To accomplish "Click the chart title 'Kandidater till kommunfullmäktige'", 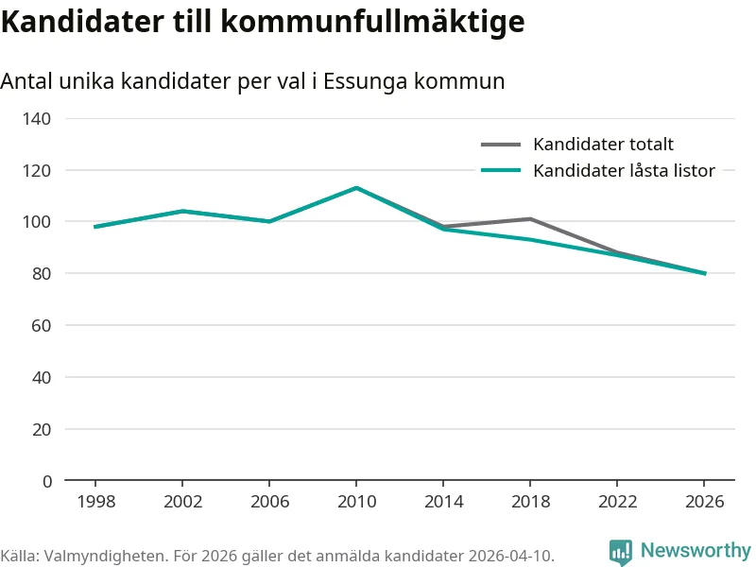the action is pyautogui.click(x=263, y=23).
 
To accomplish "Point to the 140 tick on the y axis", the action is pyautogui.click(x=37, y=119).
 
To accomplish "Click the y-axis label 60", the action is pyautogui.click(x=42, y=325).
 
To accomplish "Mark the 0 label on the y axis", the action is pyautogui.click(x=46, y=481).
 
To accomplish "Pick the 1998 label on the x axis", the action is pyautogui.click(x=96, y=502).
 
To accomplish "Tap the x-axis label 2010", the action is pyautogui.click(x=357, y=502).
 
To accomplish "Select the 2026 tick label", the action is pyautogui.click(x=704, y=502).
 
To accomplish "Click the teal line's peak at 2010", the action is pyautogui.click(x=356, y=187).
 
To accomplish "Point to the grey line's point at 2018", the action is pyautogui.click(x=530, y=219).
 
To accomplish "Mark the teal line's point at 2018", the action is pyautogui.click(x=530, y=240).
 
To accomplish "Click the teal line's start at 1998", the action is pyautogui.click(x=95, y=227).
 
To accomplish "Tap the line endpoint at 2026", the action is pyautogui.click(x=705, y=273).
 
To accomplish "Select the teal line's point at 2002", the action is pyautogui.click(x=182, y=211).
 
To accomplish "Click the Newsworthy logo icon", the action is pyautogui.click(x=621, y=551).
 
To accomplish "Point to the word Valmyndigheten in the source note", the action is pyautogui.click(x=105, y=556).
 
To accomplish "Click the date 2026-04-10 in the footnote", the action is pyautogui.click(x=508, y=556).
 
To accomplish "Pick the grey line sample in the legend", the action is pyautogui.click(x=501, y=145).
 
